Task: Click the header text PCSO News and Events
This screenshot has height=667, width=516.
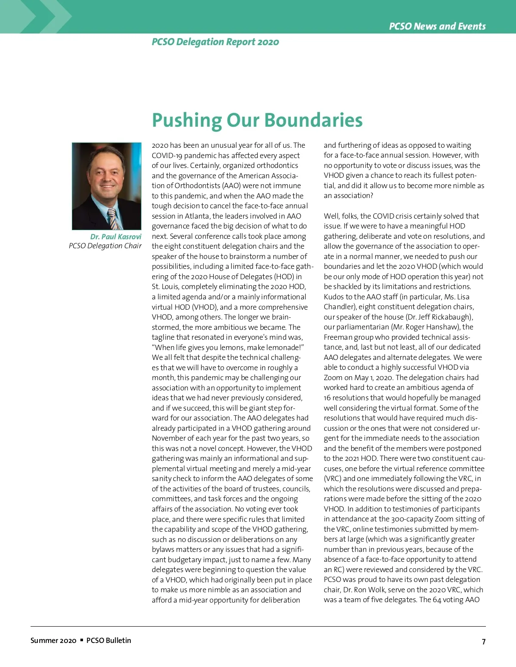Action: (x=437, y=26)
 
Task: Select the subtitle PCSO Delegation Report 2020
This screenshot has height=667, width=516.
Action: (x=215, y=42)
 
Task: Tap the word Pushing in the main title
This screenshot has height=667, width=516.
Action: (x=186, y=120)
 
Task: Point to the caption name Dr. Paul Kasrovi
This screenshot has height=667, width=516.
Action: (x=115, y=237)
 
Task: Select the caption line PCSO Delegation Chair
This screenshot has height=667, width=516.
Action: (x=105, y=246)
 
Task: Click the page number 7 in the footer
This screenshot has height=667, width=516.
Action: (x=483, y=641)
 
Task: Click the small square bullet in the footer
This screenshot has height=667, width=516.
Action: (x=82, y=640)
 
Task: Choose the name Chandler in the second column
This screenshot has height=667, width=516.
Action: (x=339, y=307)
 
